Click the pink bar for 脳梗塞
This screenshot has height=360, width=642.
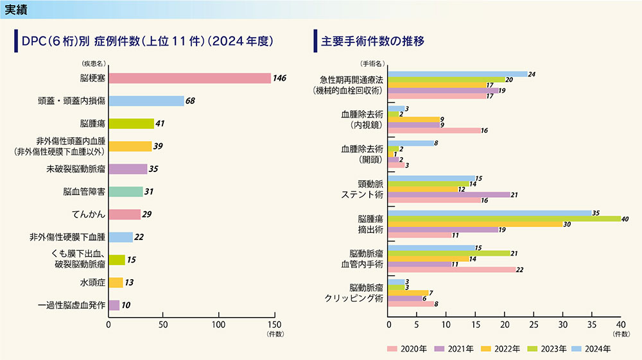[189, 78]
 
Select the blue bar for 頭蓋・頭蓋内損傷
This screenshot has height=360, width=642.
[146, 101]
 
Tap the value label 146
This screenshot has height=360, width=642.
[279, 78]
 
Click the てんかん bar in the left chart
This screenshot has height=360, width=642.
[125, 214]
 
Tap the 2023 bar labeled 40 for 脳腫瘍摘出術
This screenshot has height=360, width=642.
[504, 218]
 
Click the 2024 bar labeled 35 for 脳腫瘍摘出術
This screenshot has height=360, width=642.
[490, 212]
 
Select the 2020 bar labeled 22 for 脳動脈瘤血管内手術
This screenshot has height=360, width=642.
[452, 270]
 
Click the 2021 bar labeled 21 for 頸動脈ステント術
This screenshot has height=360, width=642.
[449, 194]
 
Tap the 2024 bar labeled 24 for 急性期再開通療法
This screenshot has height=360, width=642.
[458, 74]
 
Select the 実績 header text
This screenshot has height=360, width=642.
[17, 9]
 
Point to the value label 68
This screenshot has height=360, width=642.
[190, 101]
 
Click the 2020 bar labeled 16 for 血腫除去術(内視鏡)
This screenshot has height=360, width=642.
[435, 130]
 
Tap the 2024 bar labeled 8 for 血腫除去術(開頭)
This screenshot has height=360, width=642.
[412, 143]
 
